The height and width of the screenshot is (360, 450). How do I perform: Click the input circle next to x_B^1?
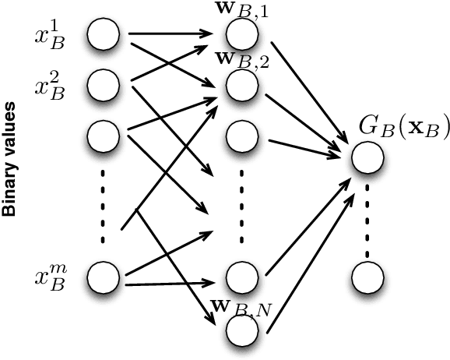tap(103, 35)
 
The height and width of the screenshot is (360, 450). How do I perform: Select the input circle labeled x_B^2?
tap(103, 84)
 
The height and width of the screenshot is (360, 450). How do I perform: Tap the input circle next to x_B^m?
tap(103, 276)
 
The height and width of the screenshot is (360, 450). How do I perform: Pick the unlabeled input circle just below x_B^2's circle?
tap(103, 136)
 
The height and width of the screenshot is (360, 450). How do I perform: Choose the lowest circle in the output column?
tap(367, 276)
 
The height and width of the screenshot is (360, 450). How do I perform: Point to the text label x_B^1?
tap(48, 35)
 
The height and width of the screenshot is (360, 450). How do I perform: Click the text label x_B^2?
tap(48, 84)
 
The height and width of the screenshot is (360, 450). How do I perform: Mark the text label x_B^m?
tap(48, 276)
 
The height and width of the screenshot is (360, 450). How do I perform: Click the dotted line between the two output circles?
tap(367, 217)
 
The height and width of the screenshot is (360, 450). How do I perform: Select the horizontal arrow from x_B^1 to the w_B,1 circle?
tap(171, 34)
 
